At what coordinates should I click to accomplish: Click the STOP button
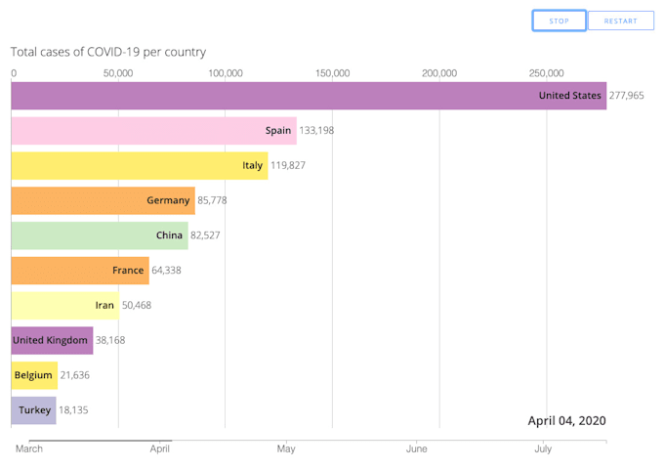pyautogui.click(x=559, y=21)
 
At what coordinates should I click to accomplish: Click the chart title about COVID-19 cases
pyautogui.click(x=108, y=52)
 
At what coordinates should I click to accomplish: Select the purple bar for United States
pyautogui.click(x=309, y=96)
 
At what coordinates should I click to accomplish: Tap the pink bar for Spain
pyautogui.click(x=153, y=130)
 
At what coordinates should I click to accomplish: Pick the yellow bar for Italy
pyautogui.click(x=139, y=165)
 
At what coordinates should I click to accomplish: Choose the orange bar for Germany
pyautogui.click(x=103, y=200)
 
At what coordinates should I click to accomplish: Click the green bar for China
pyautogui.click(x=99, y=235)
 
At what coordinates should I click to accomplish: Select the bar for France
pyautogui.click(x=80, y=270)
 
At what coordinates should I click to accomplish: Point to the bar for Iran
pyautogui.click(x=64, y=305)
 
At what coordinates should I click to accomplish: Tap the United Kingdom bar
pyautogui.click(x=52, y=340)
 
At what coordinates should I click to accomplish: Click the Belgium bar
pyautogui.click(x=34, y=375)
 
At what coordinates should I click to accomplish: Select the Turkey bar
pyautogui.click(x=33, y=410)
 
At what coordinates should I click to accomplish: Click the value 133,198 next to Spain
pyautogui.click(x=316, y=130)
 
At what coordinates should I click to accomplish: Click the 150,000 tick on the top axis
pyautogui.click(x=332, y=73)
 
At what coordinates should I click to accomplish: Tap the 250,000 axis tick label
pyautogui.click(x=546, y=73)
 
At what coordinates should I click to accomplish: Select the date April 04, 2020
pyautogui.click(x=566, y=420)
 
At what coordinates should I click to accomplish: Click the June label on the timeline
pyautogui.click(x=417, y=449)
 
